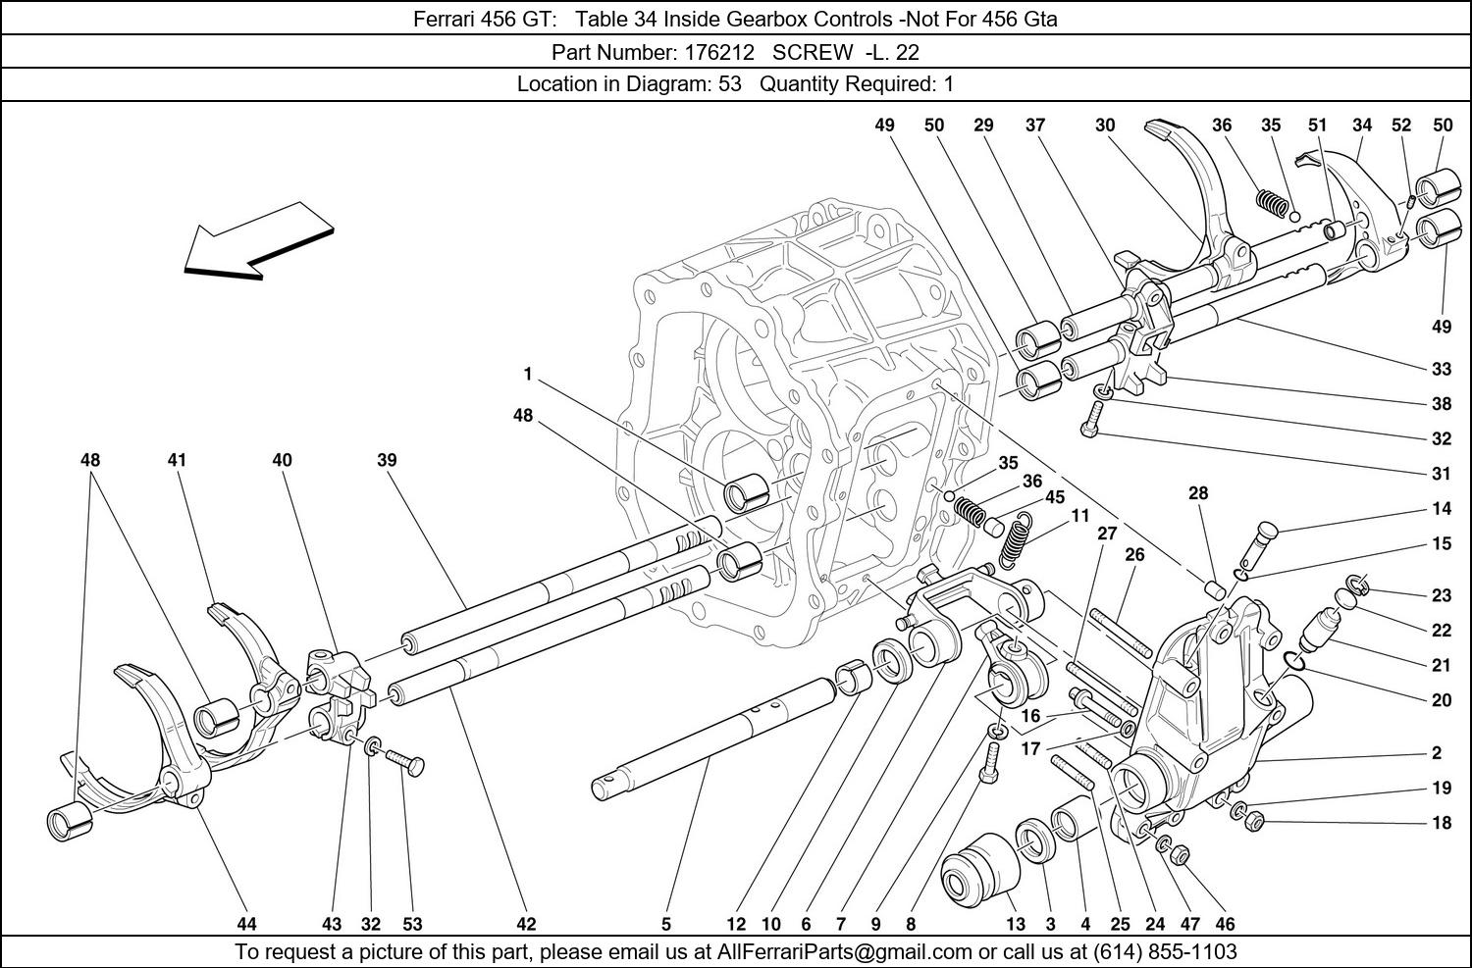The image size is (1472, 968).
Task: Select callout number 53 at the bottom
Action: pyautogui.click(x=412, y=924)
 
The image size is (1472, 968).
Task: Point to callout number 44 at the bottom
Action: pyautogui.click(x=246, y=924)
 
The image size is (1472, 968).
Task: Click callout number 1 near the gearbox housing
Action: pyautogui.click(x=527, y=374)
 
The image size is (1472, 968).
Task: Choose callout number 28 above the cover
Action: pyautogui.click(x=1198, y=493)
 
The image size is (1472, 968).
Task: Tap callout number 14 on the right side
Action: pyautogui.click(x=1441, y=510)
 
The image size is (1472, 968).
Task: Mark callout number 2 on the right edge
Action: pyautogui.click(x=1437, y=753)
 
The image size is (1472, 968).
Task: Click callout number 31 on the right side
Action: pyautogui.click(x=1441, y=474)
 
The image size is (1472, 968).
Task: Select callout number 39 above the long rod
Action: pyautogui.click(x=386, y=460)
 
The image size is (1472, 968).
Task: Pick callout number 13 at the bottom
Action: pyautogui.click(x=1016, y=924)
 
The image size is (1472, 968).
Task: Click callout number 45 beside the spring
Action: pyautogui.click(x=1054, y=497)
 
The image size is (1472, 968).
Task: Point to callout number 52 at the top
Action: pyautogui.click(x=1401, y=126)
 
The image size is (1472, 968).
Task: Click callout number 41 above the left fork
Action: pyautogui.click(x=177, y=460)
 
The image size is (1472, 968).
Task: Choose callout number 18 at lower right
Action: pyautogui.click(x=1441, y=823)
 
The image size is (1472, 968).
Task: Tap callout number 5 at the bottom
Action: pyautogui.click(x=666, y=924)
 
